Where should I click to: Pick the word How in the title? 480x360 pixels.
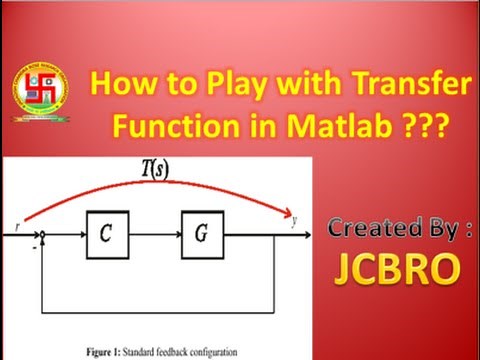click(121, 84)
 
